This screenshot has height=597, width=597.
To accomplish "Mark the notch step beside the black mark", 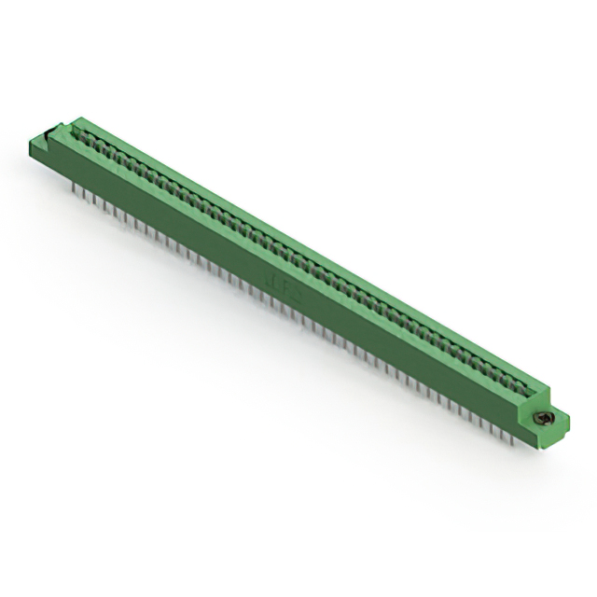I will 60,129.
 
